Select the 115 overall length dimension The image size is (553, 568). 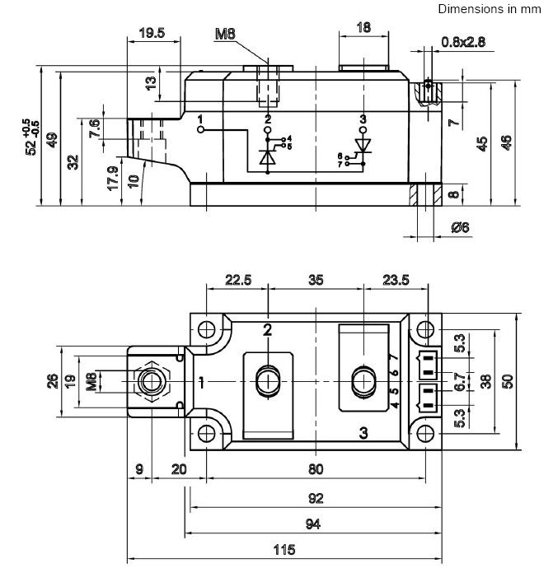point(284,549)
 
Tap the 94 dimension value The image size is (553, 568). point(312,524)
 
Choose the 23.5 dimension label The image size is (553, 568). point(396,280)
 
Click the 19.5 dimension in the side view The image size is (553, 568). point(152,34)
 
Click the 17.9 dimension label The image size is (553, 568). point(112,179)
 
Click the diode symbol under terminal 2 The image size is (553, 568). point(267,156)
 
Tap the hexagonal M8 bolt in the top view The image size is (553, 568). point(150,381)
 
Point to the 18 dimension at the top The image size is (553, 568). point(363,27)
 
